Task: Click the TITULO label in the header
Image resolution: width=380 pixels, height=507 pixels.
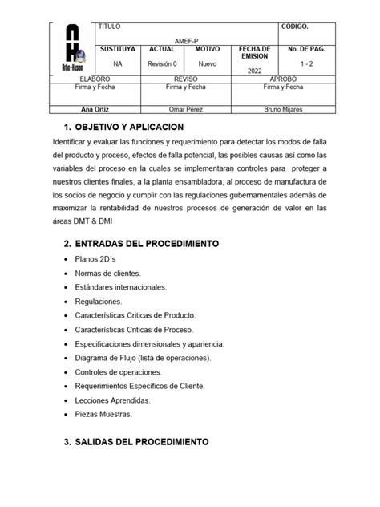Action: click(109, 27)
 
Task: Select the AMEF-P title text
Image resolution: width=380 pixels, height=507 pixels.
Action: click(185, 39)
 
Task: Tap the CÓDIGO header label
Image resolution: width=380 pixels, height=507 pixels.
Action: click(296, 27)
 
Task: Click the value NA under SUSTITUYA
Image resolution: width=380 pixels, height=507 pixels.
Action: click(118, 63)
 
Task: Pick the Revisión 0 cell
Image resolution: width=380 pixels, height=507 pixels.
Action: click(162, 63)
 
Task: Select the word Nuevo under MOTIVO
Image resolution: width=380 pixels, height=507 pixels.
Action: click(207, 63)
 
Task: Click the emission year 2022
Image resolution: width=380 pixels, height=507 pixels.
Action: click(254, 71)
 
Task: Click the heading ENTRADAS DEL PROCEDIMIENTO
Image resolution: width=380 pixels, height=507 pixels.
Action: click(140, 243)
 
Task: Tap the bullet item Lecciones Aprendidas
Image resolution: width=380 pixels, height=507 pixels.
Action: click(110, 400)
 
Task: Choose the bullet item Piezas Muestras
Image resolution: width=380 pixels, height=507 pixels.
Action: click(103, 414)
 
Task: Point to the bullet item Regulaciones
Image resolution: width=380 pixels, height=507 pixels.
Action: click(98, 302)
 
